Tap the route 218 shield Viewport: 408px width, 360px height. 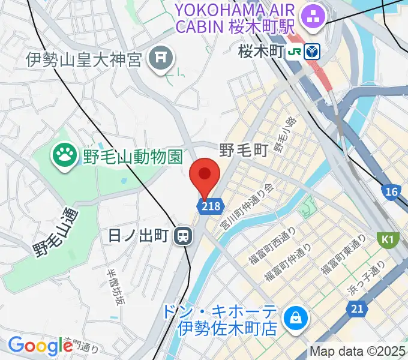coord(210,206)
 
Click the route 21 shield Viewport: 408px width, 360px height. coord(357,308)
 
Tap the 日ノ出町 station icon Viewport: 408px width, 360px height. coord(182,236)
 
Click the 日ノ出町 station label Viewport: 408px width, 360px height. coord(140,236)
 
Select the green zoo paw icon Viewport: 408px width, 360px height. coord(64,156)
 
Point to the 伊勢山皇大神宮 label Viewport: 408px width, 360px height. coord(83,59)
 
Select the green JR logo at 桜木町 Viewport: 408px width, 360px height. coord(295,52)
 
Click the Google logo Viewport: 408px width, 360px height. coord(40,346)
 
